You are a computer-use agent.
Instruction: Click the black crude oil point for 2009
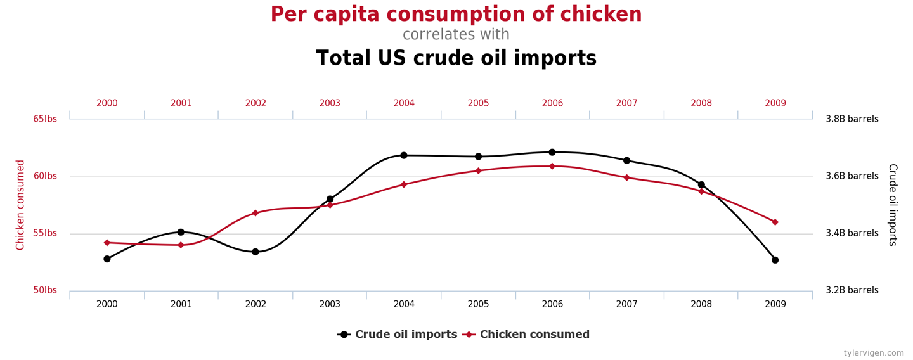pos(775,260)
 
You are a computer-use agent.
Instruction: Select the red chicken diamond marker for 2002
pos(256,213)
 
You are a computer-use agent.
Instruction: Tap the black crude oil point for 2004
pos(404,155)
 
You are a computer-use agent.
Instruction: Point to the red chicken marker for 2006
pos(552,166)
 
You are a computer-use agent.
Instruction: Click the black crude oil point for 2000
pos(107,259)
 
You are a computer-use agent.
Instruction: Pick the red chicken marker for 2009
pos(775,222)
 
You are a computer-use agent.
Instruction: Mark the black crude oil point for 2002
pos(256,252)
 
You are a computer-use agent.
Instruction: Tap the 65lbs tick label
pos(45,119)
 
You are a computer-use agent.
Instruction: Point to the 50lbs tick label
pos(45,290)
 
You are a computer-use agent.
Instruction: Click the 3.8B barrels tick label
pos(851,119)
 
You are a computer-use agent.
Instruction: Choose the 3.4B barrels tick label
pos(851,233)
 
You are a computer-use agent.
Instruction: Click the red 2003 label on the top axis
pos(330,103)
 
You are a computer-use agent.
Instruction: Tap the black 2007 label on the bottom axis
pos(626,304)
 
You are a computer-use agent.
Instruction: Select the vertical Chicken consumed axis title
pos(20,205)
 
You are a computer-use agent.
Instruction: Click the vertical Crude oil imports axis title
pos(892,205)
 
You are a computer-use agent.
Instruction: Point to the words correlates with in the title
pos(456,34)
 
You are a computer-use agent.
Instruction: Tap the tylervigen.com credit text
pos(873,353)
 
